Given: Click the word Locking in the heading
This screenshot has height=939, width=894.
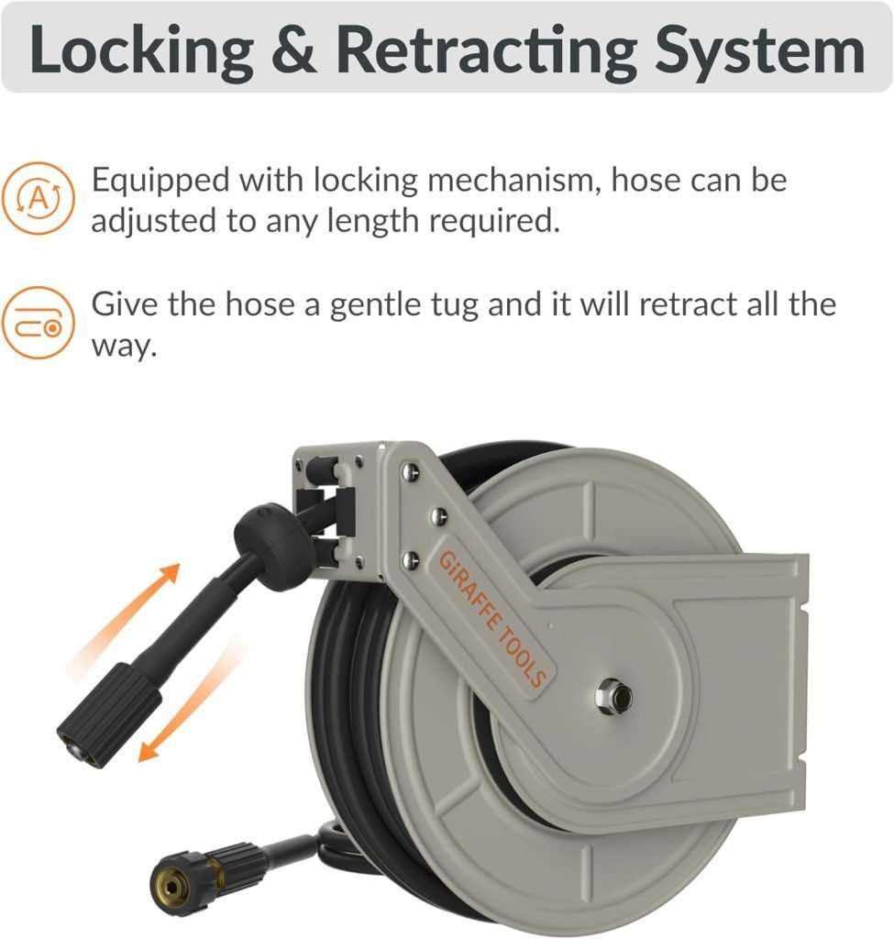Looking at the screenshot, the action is point(142,50).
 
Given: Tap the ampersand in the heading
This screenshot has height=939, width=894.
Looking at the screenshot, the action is point(294,50).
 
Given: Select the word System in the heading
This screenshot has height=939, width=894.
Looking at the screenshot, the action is point(759,51).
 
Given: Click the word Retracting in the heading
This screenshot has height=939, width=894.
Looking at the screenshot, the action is point(486,50).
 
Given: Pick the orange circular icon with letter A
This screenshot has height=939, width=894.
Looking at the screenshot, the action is point(38,198).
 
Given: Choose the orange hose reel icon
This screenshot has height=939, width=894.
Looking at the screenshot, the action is point(38,323).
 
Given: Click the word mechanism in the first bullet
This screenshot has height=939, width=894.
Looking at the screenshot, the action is point(514,180).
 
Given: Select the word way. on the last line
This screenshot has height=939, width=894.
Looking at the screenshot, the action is point(124,346).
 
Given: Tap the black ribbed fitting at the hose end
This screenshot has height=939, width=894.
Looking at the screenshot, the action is point(110,714).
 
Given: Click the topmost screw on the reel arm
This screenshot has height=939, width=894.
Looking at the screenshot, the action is point(410,471).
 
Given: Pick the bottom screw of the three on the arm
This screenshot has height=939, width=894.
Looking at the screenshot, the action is point(411,559).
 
